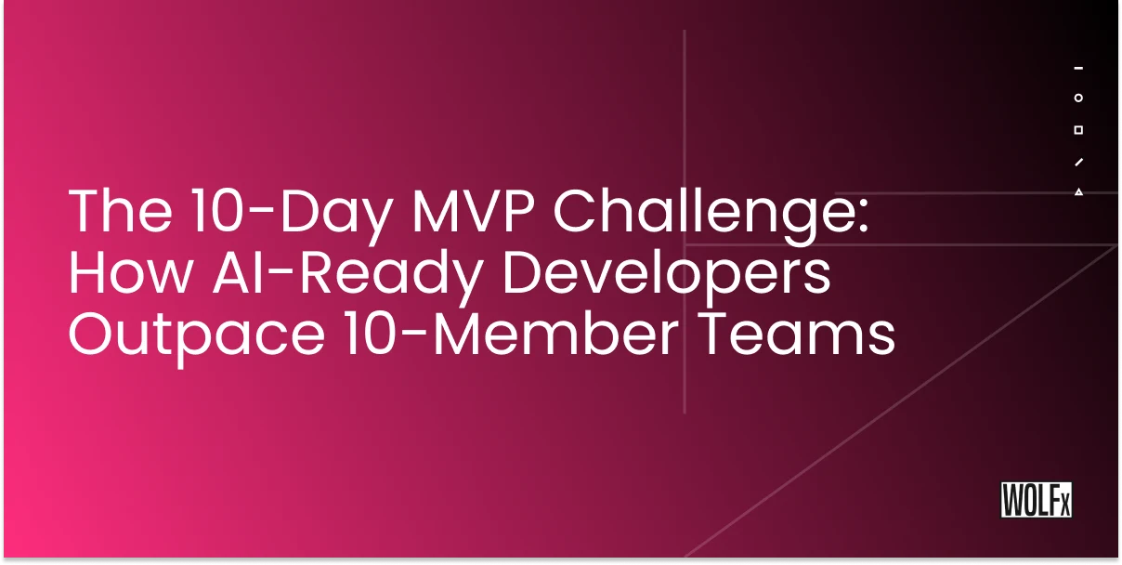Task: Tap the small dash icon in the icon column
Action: pyautogui.click(x=1078, y=68)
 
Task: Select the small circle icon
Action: pyautogui.click(x=1078, y=98)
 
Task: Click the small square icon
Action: pyautogui.click(x=1078, y=130)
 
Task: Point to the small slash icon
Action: pyautogui.click(x=1078, y=162)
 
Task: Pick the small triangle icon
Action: pyautogui.click(x=1078, y=192)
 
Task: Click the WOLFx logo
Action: pyautogui.click(x=1036, y=500)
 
